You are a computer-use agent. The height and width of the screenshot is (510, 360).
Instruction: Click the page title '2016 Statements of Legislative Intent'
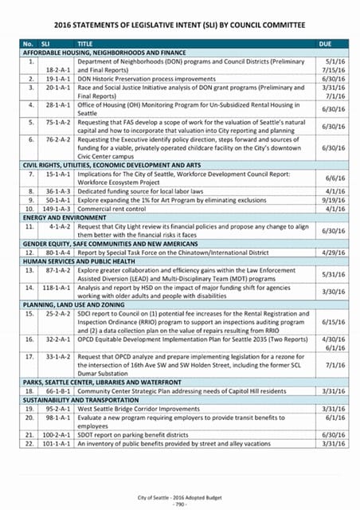click(180, 24)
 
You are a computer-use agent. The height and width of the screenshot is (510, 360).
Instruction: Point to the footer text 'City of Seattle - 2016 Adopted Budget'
click(180, 496)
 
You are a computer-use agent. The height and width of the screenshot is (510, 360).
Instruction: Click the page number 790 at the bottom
click(180, 504)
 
